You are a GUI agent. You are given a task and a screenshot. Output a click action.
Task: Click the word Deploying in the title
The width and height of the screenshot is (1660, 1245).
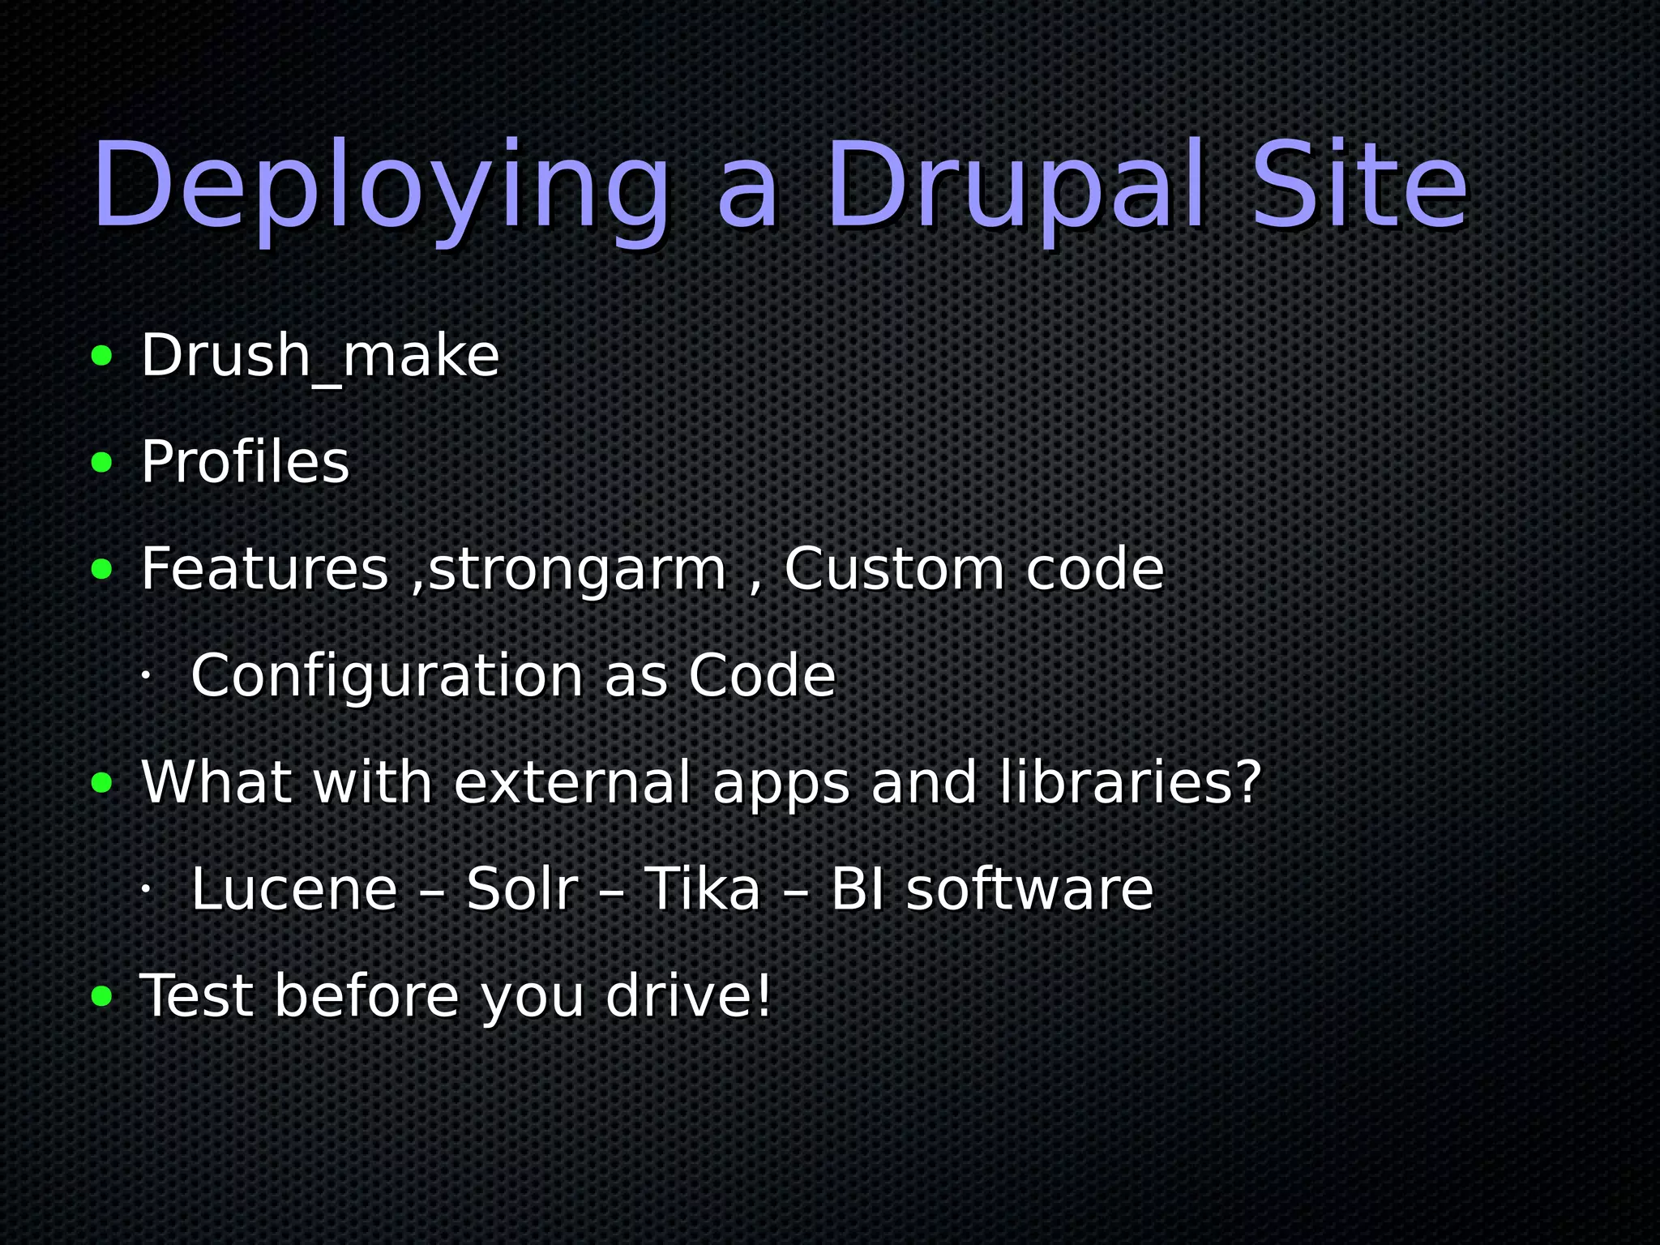[381, 188]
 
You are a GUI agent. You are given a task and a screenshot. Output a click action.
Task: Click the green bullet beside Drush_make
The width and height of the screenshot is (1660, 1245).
[102, 356]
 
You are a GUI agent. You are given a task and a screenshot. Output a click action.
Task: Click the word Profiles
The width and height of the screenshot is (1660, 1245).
[245, 462]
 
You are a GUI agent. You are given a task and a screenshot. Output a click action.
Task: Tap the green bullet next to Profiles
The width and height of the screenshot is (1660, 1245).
[102, 463]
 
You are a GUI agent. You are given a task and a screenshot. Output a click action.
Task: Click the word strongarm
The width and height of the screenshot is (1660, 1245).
[576, 571]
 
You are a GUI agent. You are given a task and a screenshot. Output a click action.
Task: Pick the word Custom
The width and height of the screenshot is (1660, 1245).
[894, 569]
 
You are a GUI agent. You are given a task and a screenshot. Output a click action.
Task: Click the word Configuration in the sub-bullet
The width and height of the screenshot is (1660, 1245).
[387, 676]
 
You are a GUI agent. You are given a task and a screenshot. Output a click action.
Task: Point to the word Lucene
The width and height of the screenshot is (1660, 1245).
[294, 889]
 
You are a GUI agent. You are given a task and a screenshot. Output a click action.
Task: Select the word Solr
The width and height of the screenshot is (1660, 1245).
[522, 889]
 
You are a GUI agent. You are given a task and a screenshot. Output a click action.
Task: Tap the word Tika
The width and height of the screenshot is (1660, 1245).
[703, 889]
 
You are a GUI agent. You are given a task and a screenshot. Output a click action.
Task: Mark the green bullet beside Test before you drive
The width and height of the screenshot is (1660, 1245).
[102, 996]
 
